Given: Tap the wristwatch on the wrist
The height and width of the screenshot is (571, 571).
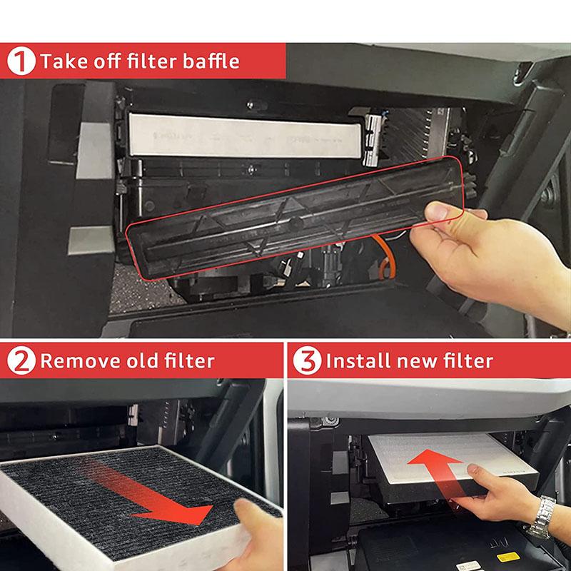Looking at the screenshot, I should (544, 515).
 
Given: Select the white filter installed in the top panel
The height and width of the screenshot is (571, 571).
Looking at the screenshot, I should (243, 136).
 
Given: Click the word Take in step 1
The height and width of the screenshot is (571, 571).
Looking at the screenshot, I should (59, 61).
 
